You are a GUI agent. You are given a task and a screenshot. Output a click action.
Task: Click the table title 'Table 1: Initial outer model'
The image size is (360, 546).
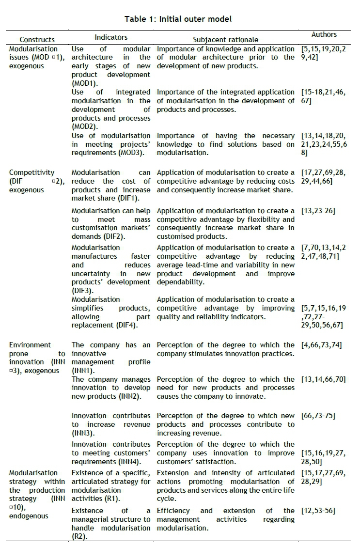point(178,19)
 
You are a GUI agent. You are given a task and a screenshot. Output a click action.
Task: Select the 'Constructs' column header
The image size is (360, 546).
point(37,40)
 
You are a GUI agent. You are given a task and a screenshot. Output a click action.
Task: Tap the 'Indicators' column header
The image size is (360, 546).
point(111,37)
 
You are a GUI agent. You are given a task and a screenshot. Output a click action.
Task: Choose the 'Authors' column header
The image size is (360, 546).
point(324,35)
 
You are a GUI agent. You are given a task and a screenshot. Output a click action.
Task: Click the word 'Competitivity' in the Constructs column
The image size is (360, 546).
point(31,172)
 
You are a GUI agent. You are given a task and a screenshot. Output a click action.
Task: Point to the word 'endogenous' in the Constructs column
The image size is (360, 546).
point(29,516)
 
